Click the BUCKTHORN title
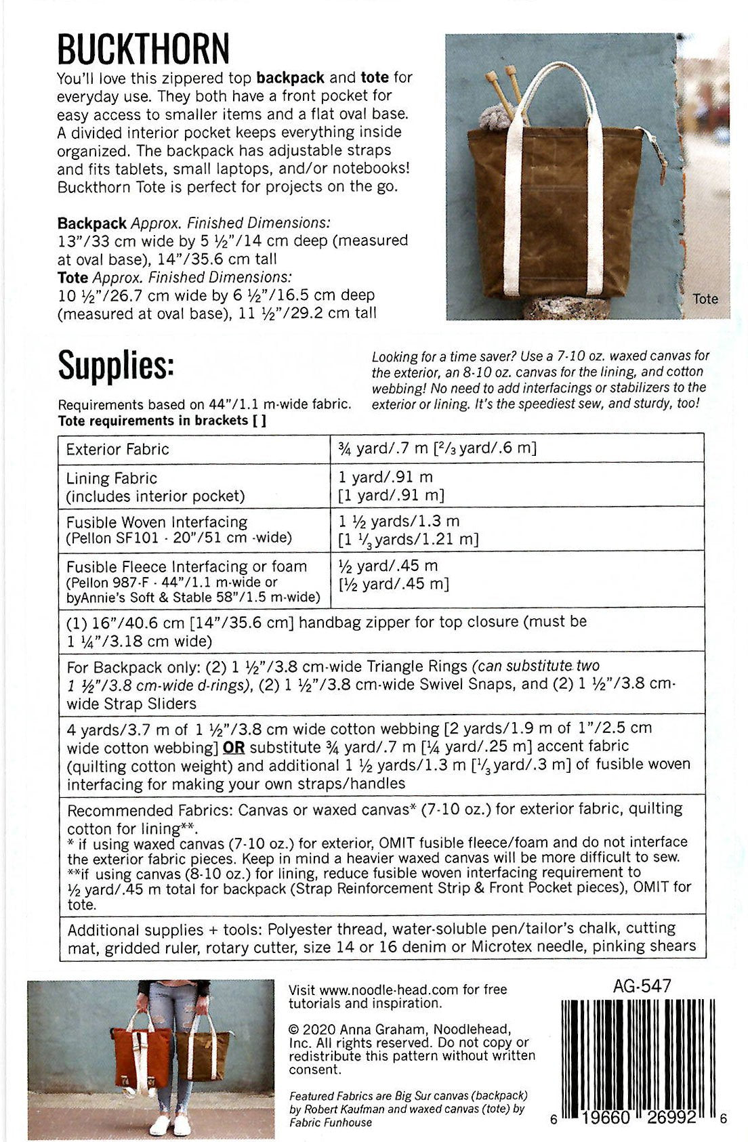(143, 49)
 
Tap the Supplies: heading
(116, 366)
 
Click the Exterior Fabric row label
(117, 449)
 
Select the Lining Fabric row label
(111, 478)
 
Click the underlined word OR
(233, 748)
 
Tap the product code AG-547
(642, 986)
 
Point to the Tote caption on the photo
(705, 299)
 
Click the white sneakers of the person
(170, 1124)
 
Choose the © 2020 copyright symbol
(293, 1028)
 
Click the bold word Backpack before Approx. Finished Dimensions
(91, 223)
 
